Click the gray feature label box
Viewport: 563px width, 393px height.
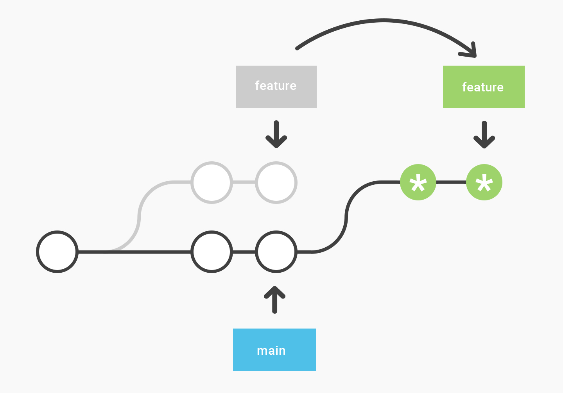click(x=276, y=87)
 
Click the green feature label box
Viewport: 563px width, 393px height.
click(x=483, y=87)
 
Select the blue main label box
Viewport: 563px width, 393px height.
click(x=274, y=349)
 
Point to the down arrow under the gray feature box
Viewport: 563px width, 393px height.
click(x=276, y=135)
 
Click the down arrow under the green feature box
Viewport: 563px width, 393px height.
click(x=484, y=135)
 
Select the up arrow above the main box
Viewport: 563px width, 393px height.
click(x=275, y=300)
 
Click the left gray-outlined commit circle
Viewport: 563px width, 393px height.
click(x=212, y=182)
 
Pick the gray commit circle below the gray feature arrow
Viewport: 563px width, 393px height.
click(x=276, y=182)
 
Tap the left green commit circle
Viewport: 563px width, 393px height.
click(x=418, y=182)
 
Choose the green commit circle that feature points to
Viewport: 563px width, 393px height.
click(x=484, y=182)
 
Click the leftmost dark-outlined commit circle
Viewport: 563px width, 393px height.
click(x=57, y=252)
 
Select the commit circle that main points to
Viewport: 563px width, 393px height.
click(x=276, y=252)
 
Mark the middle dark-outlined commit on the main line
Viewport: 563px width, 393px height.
click(x=212, y=252)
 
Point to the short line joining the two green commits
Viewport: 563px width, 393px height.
click(x=451, y=182)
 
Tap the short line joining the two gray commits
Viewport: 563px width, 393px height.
click(x=244, y=182)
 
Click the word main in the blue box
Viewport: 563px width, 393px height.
click(x=271, y=350)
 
